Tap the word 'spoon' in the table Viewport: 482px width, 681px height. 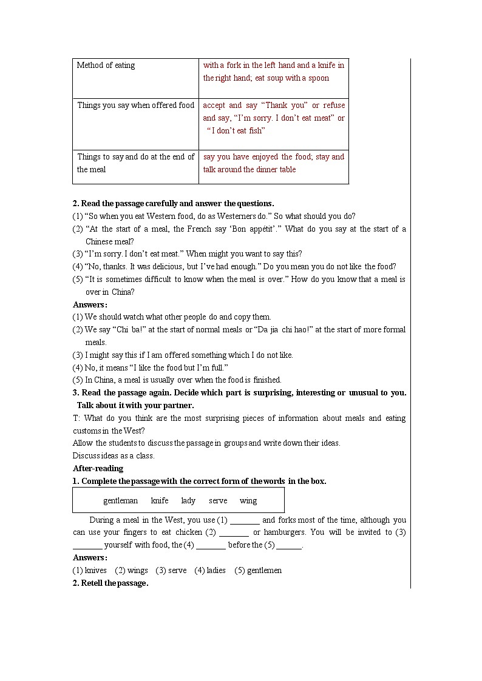click(318, 78)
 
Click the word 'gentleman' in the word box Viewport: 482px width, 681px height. click(120, 501)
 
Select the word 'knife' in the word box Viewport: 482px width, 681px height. click(160, 501)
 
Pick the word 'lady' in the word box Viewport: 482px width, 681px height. click(188, 501)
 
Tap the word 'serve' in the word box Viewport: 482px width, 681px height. click(218, 501)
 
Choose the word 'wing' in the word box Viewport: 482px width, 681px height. click(248, 501)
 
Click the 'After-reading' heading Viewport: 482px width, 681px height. click(98, 468)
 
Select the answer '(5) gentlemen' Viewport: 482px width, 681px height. click(258, 571)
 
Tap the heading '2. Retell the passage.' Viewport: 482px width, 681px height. click(110, 583)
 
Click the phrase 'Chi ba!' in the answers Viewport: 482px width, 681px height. click(133, 330)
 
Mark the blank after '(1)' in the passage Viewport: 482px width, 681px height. click(245, 520)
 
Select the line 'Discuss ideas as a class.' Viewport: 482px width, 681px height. click(114, 456)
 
